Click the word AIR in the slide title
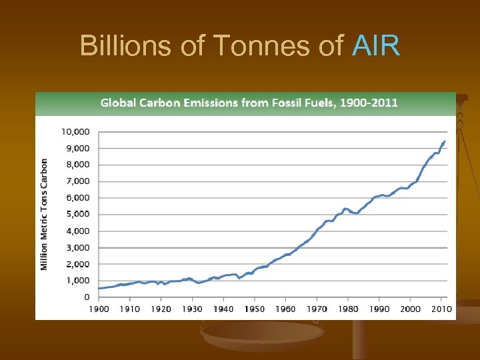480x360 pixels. pos(376,46)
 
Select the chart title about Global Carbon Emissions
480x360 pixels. pos(249,103)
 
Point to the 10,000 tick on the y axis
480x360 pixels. pos(76,131)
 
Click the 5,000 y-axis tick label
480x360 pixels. pos(77,214)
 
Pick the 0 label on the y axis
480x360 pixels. pos(87,297)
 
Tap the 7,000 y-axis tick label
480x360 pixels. pos(77,181)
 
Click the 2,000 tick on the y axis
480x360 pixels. pos(77,264)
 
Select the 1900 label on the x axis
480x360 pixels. pos(99,309)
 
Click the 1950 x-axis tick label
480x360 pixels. pos(255,309)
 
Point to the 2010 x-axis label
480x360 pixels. pos(441,309)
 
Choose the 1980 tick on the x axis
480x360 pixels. pos(348,309)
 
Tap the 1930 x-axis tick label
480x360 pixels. pos(192,309)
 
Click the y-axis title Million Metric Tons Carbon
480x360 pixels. pos(45,214)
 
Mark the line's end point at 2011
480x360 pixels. pos(445,141)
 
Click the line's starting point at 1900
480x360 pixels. pos(99,288)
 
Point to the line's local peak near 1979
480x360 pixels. pos(345,209)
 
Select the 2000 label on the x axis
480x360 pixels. pos(410,309)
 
